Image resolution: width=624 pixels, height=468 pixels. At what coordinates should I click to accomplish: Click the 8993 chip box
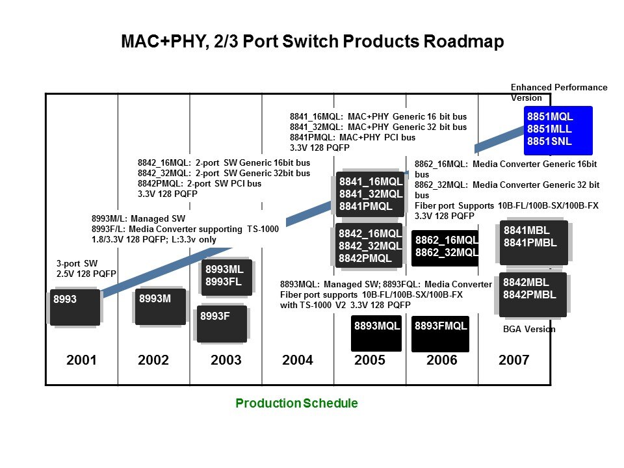point(75,307)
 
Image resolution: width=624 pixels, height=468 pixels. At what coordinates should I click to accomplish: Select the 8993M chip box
point(161,306)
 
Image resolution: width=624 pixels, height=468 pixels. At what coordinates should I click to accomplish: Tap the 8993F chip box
point(222,324)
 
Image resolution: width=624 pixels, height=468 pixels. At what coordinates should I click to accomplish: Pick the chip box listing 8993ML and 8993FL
point(227,278)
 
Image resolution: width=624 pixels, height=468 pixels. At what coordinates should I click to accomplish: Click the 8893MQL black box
point(376,333)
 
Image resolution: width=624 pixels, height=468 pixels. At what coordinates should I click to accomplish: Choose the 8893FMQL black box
point(440,334)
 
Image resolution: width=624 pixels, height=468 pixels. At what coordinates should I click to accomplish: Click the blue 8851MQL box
point(558,130)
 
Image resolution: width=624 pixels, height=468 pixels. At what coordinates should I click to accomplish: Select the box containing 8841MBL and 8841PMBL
point(534,242)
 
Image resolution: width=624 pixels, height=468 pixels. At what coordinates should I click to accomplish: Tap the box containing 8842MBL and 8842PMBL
point(532,294)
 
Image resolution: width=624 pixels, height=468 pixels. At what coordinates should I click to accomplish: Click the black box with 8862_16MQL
point(445,248)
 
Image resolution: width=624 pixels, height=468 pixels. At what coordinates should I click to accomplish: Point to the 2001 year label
point(82,359)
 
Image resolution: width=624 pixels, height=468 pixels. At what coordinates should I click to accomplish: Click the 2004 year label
point(298,359)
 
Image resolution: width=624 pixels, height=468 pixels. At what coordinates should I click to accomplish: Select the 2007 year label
point(513,359)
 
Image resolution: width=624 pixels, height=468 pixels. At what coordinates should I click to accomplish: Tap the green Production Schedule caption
point(296,403)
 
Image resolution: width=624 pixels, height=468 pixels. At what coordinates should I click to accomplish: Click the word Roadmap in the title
point(463,42)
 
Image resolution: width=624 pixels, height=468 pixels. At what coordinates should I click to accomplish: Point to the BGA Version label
point(529,329)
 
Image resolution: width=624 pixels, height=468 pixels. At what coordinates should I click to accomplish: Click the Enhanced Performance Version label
point(559,92)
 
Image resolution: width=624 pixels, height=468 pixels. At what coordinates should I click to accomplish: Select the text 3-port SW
point(77,263)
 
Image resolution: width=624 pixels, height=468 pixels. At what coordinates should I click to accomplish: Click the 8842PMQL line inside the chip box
point(365,258)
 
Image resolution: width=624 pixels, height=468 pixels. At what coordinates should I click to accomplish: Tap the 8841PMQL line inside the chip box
point(366,206)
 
